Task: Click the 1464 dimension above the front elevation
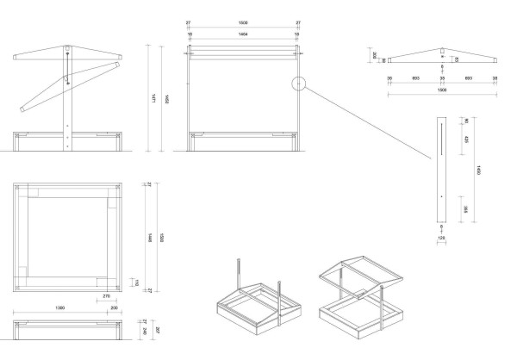point(244,35)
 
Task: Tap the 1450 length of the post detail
point(478,171)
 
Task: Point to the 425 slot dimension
point(466,139)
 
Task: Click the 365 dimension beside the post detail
point(466,208)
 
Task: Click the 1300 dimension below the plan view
point(60,307)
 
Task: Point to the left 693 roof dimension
point(416,78)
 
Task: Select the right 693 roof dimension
point(469,78)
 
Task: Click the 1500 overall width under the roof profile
point(443,90)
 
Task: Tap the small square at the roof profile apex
point(443,49)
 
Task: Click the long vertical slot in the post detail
point(442,138)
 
